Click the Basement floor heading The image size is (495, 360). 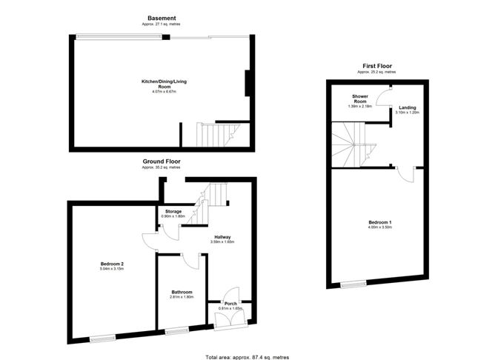tap(161, 17)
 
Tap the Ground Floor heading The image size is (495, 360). tap(161, 161)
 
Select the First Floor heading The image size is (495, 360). tap(376, 66)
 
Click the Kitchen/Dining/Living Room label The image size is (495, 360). tap(161, 84)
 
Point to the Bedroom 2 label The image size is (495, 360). tap(112, 264)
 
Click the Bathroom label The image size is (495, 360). tap(182, 292)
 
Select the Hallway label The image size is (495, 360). tap(222, 237)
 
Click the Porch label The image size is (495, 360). tap(230, 304)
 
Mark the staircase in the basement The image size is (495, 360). tap(215, 135)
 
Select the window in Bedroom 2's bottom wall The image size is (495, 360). tap(103, 338)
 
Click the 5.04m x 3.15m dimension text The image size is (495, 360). tap(112, 270)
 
